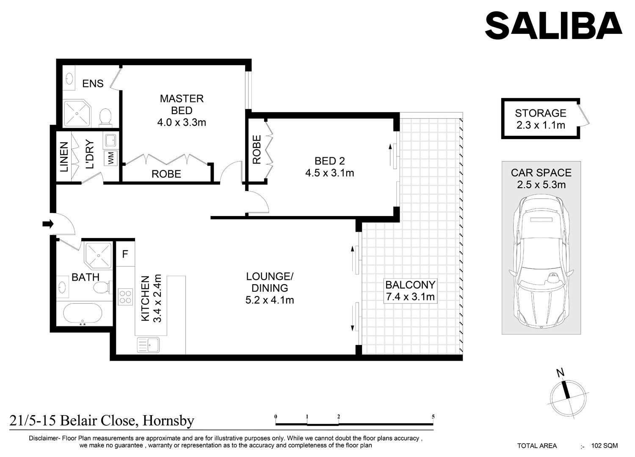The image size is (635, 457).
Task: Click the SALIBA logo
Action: [554, 25]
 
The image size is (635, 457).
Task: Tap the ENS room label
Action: [93, 84]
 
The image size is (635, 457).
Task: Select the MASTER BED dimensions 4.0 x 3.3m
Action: [182, 122]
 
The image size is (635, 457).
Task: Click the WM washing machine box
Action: [111, 158]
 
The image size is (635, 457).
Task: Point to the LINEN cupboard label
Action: [64, 156]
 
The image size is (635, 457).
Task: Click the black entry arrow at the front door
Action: [48, 224]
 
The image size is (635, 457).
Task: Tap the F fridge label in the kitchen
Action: [125, 254]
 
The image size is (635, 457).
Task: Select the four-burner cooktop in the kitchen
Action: [125, 297]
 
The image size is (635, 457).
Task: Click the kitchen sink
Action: [148, 345]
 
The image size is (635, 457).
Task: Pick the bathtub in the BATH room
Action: [83, 314]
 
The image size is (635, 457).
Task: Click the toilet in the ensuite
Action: [105, 117]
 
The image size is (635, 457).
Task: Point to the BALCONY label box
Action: [410, 291]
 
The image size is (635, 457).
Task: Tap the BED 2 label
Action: [330, 161]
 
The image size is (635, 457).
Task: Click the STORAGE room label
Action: [540, 113]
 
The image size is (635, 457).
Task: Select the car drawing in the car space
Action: [541, 262]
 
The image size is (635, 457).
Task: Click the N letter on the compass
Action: [560, 373]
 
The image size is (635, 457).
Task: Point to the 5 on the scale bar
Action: [433, 417]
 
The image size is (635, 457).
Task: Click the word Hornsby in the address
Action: [168, 421]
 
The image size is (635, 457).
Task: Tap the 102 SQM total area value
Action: [605, 446]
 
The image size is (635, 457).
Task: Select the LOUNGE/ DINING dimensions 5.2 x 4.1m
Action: [270, 300]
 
